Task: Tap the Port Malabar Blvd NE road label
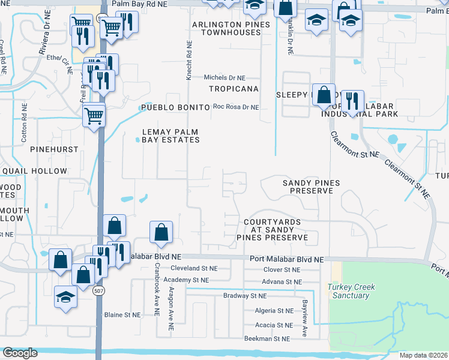286,259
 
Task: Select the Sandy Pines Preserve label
311,187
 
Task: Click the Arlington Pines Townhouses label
231,29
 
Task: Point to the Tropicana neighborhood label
234,89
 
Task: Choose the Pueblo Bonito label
174,107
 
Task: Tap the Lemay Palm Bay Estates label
170,136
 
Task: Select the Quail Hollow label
34,171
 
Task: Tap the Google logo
20,353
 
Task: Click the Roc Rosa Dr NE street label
236,107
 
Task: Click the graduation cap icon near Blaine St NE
66,296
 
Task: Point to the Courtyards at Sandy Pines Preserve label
276,230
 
